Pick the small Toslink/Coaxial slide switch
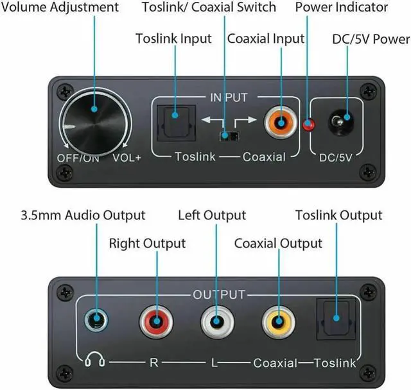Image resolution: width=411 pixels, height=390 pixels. (x=225, y=136)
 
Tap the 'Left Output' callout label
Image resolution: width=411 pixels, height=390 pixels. (x=212, y=216)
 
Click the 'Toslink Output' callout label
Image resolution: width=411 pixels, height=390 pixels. (x=338, y=216)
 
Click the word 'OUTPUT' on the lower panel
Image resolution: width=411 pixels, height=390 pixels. (x=219, y=295)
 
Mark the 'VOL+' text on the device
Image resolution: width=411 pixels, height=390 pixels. (x=127, y=158)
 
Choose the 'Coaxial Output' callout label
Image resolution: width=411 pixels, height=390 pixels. (x=278, y=244)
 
